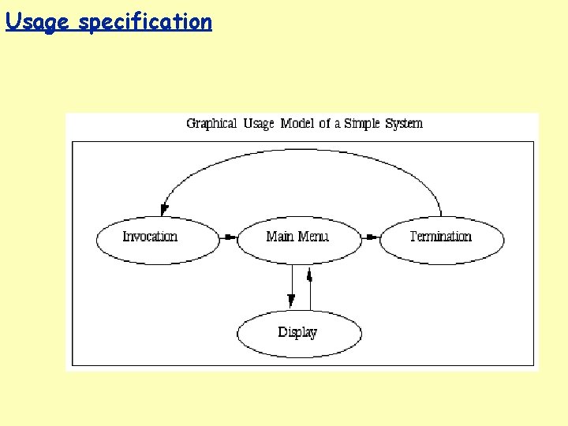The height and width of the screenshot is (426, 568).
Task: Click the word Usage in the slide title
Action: coord(38,22)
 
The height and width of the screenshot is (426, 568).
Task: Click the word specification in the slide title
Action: coord(145,22)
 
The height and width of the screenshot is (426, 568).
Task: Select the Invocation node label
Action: coord(150,237)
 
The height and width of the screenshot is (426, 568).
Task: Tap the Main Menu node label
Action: coord(297,237)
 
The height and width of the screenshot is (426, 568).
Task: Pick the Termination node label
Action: coord(440,237)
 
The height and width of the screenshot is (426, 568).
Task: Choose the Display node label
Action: coord(297,332)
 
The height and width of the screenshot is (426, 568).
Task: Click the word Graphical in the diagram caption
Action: coord(211,123)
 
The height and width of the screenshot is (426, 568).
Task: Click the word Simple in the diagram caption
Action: coord(363,123)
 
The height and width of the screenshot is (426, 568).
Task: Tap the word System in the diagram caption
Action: coord(404,123)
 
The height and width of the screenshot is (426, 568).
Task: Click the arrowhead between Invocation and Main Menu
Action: coord(228,237)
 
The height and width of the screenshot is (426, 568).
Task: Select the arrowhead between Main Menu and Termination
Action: coord(370,237)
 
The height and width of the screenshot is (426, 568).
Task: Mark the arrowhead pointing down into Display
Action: coord(291,300)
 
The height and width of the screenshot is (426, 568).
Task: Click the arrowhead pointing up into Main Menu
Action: coord(310,275)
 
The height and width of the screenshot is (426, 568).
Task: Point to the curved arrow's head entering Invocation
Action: coord(163,209)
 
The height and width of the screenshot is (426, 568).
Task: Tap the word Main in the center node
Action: coord(280,237)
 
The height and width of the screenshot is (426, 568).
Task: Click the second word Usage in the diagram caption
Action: coord(259,123)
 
